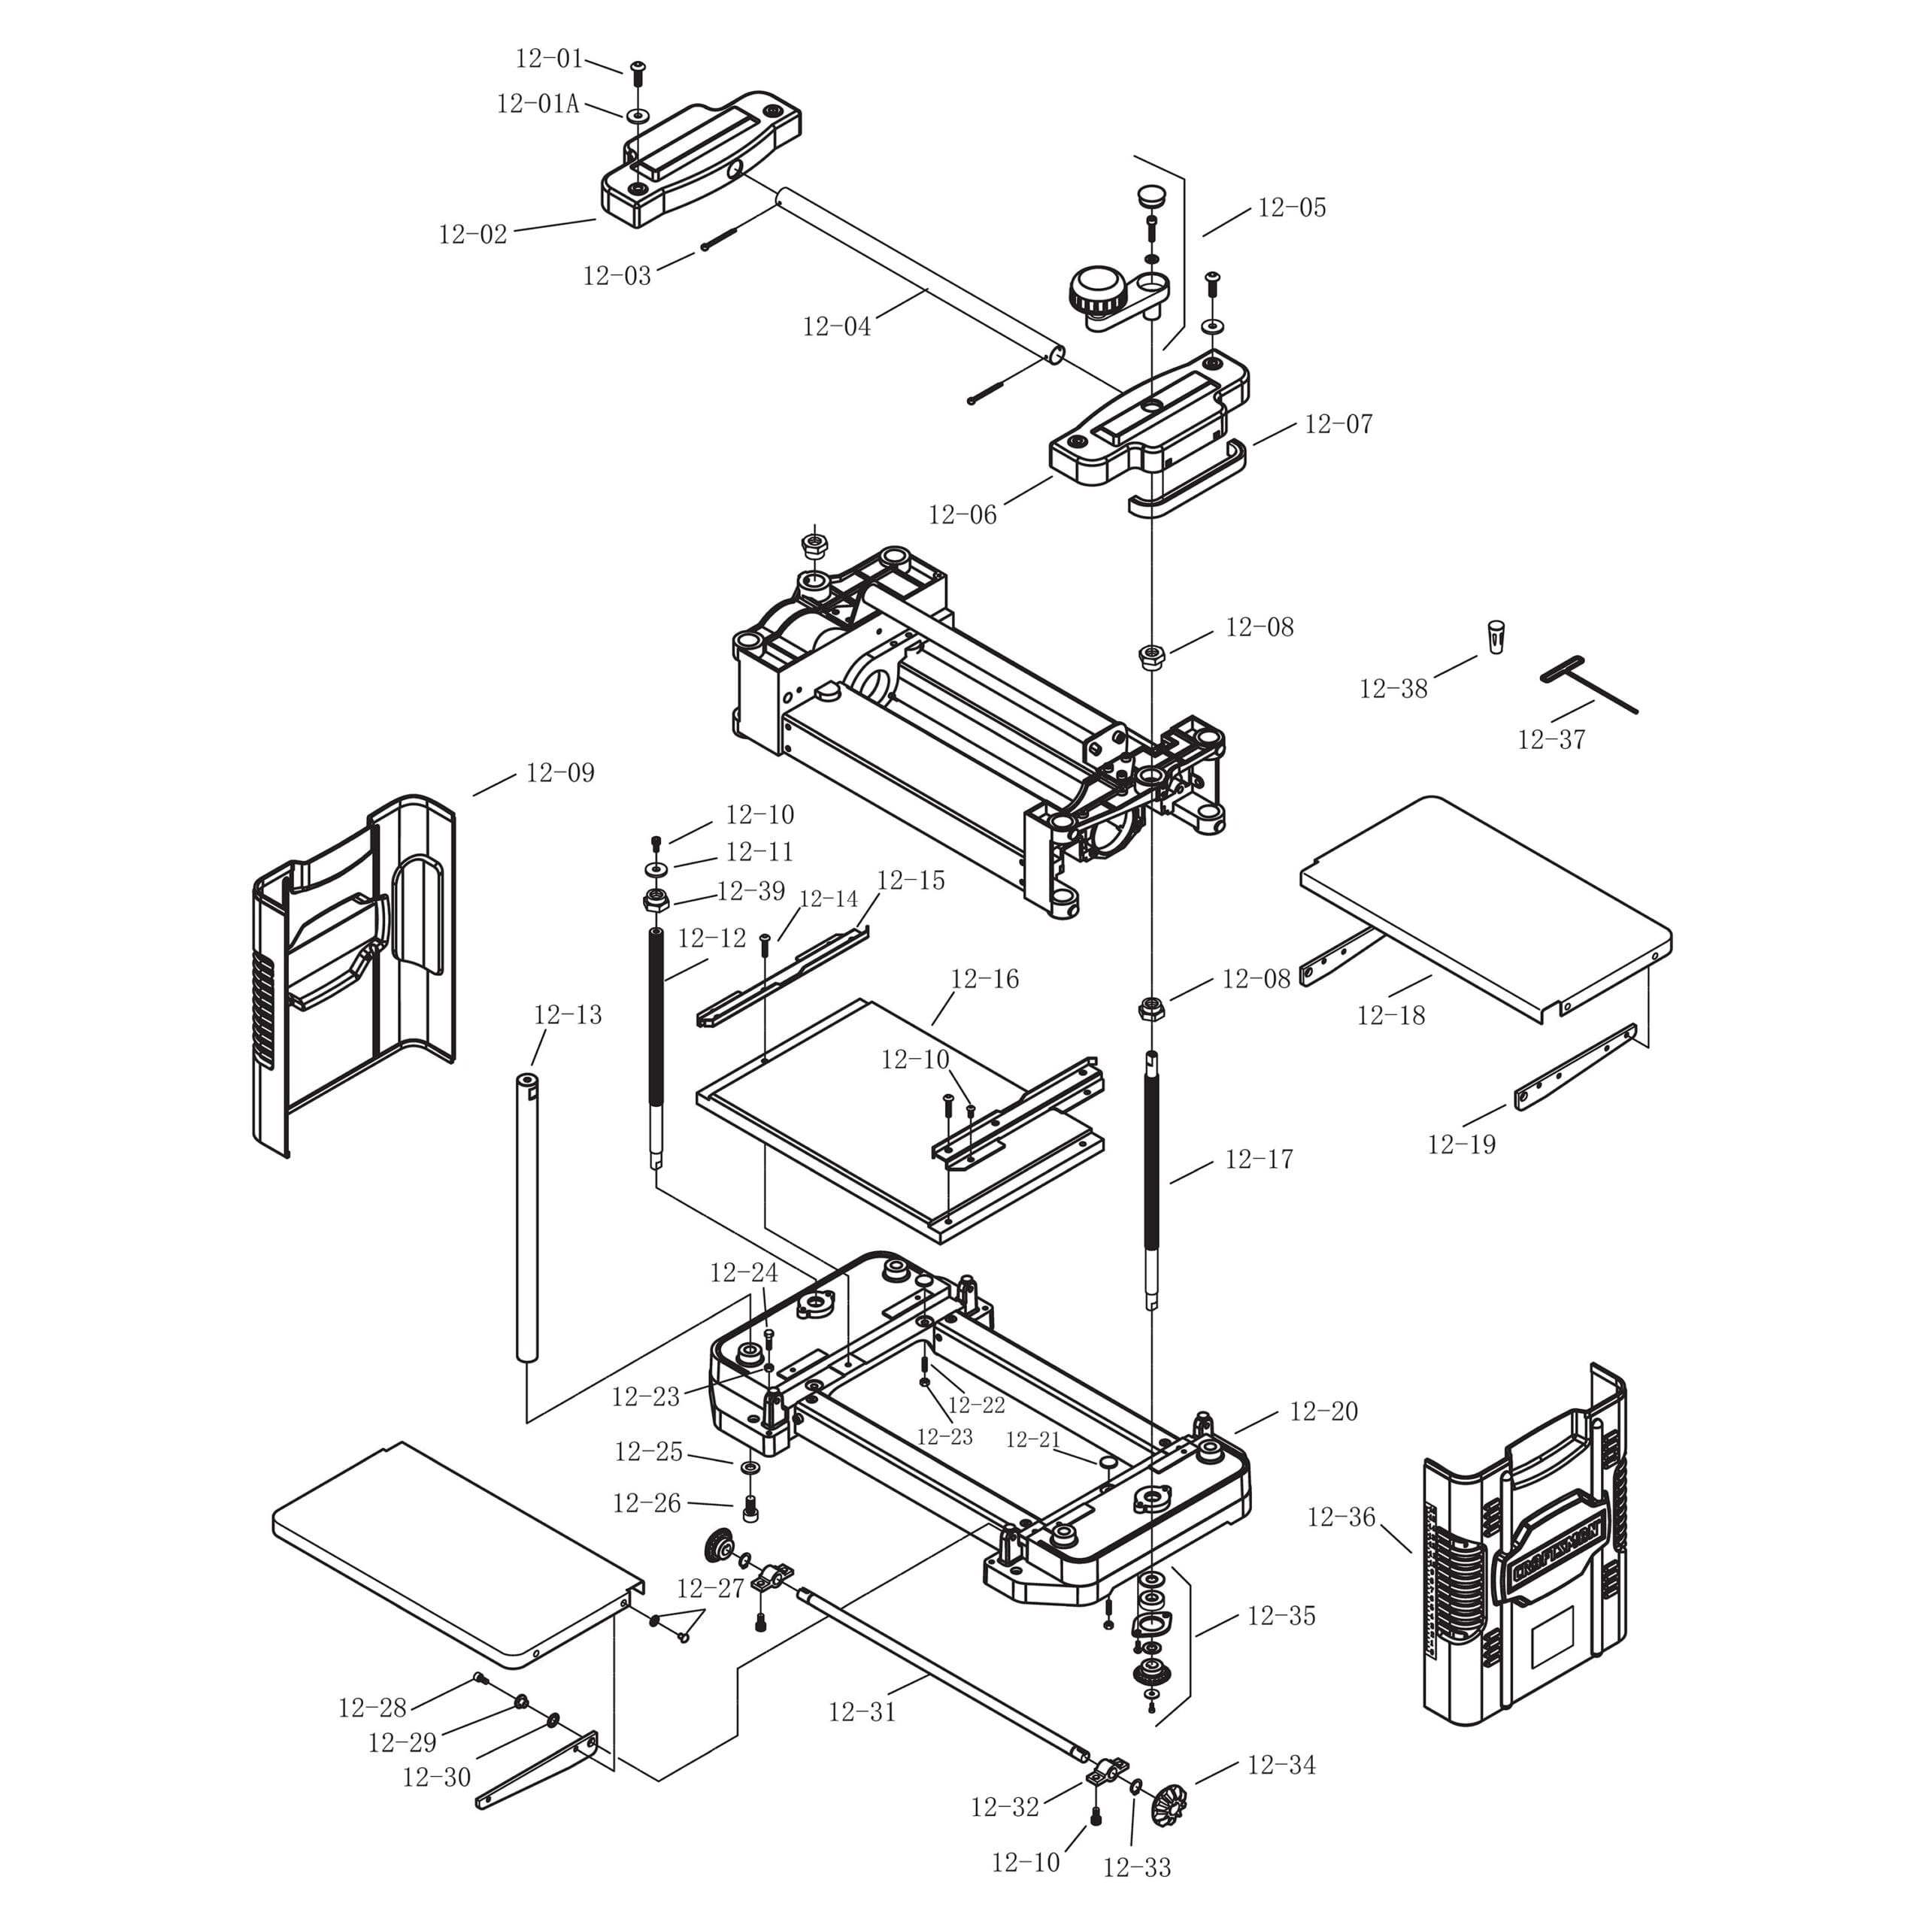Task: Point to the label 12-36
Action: (x=1341, y=1517)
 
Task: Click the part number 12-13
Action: (x=568, y=1015)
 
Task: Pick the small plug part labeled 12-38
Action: (x=1496, y=637)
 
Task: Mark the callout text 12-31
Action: (x=862, y=1711)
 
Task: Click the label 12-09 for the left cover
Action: (x=560, y=773)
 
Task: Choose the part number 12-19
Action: (x=1462, y=1144)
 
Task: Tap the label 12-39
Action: (x=751, y=892)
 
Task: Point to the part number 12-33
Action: (x=1137, y=1868)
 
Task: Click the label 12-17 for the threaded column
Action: (x=1259, y=1160)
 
